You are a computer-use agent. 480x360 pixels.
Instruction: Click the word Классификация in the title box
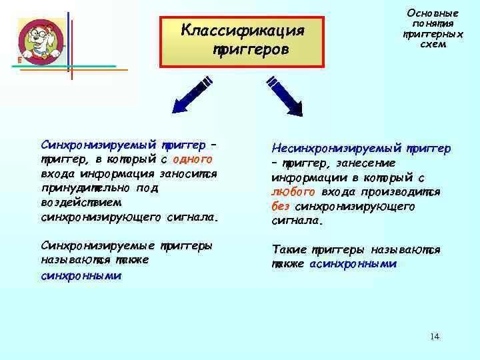click(x=243, y=31)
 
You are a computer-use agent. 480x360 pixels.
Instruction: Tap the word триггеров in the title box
click(x=251, y=50)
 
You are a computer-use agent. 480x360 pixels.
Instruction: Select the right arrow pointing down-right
click(x=284, y=95)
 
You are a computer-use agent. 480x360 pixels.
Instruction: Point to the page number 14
click(x=435, y=337)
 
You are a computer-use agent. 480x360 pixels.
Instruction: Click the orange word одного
click(x=193, y=159)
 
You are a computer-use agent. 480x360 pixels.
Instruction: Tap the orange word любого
click(x=288, y=192)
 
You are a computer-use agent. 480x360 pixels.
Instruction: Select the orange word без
click(x=281, y=206)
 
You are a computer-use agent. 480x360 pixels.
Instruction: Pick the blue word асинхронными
click(x=353, y=264)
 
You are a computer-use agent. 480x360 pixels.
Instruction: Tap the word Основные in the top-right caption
click(x=433, y=13)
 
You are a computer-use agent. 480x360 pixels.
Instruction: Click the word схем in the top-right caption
click(x=433, y=44)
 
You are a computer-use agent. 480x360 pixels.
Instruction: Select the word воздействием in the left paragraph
click(x=76, y=202)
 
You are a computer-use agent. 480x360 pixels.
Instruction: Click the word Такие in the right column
click(x=289, y=250)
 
